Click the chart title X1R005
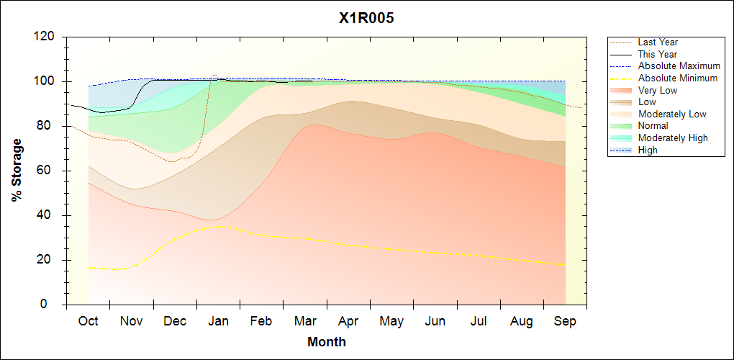366,18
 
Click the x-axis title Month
326,342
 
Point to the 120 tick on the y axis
46,37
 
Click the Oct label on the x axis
88,321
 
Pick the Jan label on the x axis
218,321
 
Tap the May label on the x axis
391,321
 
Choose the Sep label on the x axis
565,321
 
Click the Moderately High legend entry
673,138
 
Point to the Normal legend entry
653,126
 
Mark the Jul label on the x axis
479,321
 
